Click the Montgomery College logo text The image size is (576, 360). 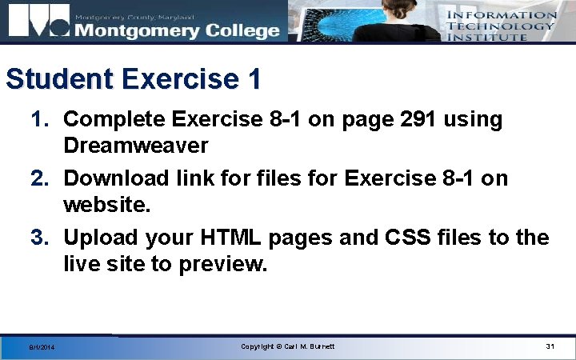coord(178,30)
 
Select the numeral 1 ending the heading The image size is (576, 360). coord(254,79)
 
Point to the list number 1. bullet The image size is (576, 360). coord(42,120)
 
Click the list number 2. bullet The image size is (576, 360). coord(42,178)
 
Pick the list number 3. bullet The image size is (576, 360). coord(42,238)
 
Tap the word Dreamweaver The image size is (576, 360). coord(136,146)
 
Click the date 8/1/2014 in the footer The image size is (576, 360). coord(40,347)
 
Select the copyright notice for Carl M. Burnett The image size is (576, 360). coord(288,346)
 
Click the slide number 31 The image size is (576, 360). coord(550,346)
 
